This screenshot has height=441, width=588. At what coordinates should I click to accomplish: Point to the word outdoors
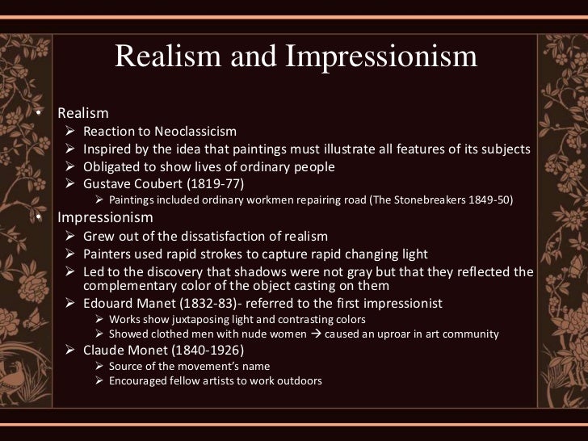tap(296, 384)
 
